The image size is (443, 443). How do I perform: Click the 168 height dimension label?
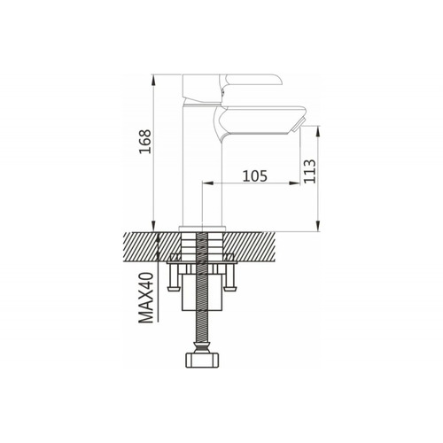(x=145, y=142)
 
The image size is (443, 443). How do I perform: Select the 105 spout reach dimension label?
(x=255, y=176)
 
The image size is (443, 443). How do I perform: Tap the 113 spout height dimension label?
(x=310, y=171)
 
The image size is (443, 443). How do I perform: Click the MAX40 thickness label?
(x=146, y=298)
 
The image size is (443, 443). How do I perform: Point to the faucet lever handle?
(x=233, y=89)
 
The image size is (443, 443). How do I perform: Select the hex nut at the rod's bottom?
(x=203, y=360)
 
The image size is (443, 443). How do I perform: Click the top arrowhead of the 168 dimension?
(x=153, y=79)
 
